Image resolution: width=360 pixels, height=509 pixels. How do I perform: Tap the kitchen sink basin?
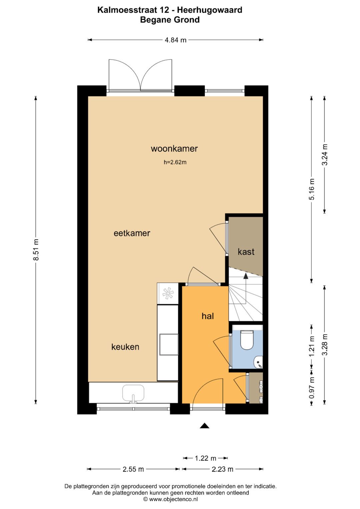[x=133, y=393]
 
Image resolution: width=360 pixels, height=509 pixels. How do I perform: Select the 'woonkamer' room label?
[x=174, y=149]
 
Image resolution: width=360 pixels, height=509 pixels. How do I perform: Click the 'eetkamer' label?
[x=132, y=233]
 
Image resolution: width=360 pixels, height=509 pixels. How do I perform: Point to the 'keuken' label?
[x=125, y=347]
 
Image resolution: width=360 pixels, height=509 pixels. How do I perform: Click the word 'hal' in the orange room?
[x=207, y=316]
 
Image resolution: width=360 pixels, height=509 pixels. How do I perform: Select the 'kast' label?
[x=246, y=252]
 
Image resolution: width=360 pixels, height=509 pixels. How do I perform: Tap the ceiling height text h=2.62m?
[x=175, y=163]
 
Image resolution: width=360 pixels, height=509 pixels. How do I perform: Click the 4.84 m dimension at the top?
[x=175, y=40]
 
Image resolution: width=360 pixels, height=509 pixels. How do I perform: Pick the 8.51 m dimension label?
[x=36, y=250]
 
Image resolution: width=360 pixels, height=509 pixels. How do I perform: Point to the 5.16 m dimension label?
[x=312, y=189]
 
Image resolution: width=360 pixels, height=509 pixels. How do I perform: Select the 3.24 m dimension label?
[x=325, y=154]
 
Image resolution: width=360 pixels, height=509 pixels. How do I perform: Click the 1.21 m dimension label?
[x=312, y=346]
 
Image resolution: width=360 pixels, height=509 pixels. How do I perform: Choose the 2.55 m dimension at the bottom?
[x=133, y=469]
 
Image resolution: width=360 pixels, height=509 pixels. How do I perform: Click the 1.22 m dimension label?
[x=205, y=458]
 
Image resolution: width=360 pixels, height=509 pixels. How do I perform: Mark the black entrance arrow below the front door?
[x=204, y=426]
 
